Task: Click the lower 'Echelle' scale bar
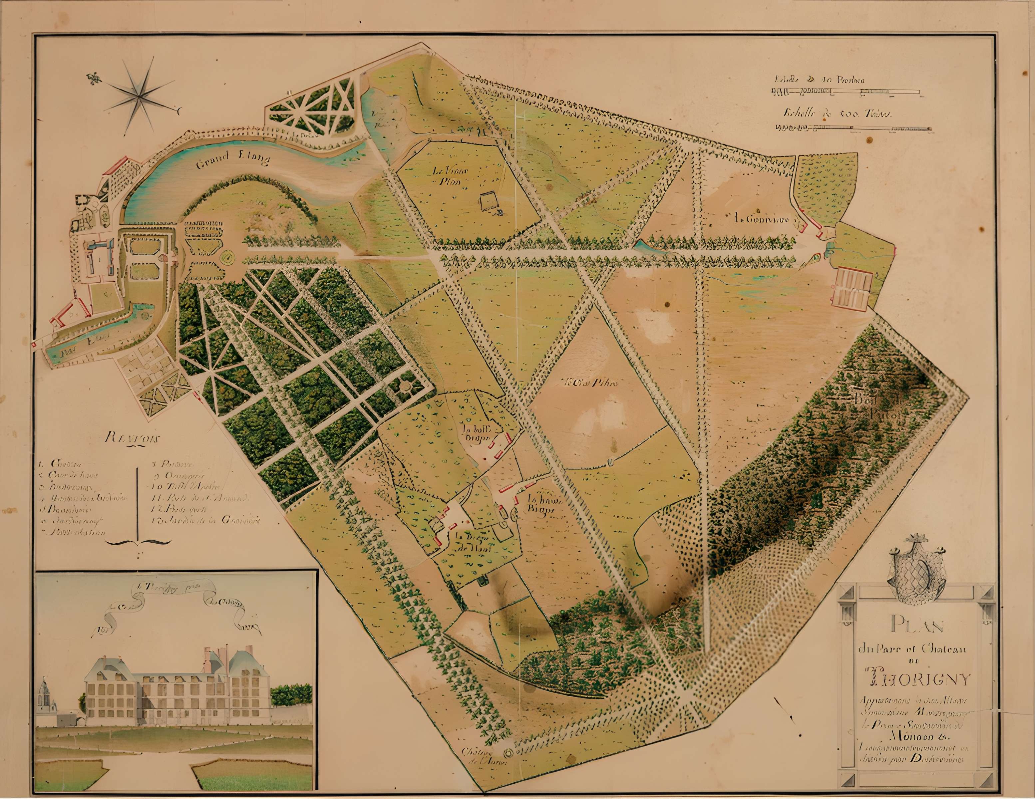[x=855, y=128]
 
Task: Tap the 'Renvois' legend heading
[x=134, y=437]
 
